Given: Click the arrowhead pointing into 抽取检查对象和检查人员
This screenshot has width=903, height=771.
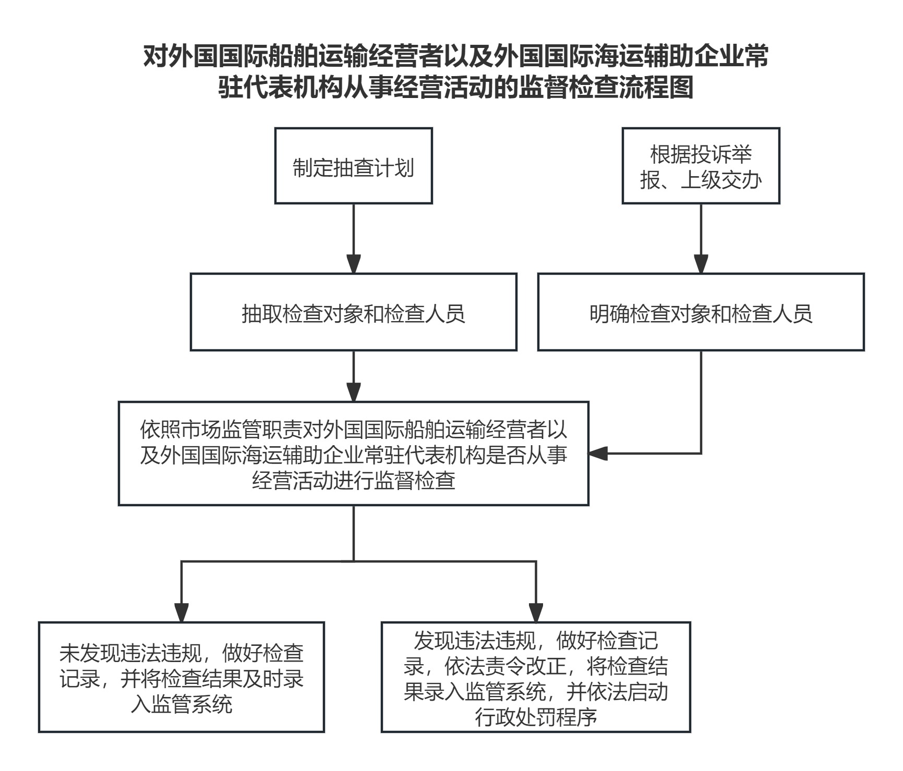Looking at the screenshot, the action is tap(354, 264).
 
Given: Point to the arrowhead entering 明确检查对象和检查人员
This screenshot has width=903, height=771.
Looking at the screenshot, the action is tap(701, 264).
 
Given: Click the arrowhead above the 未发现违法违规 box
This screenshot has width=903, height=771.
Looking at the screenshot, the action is tap(182, 613).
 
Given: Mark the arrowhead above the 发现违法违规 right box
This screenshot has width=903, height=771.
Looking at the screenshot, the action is tap(536, 613).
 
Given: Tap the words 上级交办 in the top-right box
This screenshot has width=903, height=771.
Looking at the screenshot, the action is tap(721, 180).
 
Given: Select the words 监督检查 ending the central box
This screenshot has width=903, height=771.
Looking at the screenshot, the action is tap(415, 480).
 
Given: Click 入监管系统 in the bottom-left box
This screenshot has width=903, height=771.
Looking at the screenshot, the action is tap(182, 705).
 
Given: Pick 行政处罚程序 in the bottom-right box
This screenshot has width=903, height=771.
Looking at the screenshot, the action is tap(536, 717).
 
